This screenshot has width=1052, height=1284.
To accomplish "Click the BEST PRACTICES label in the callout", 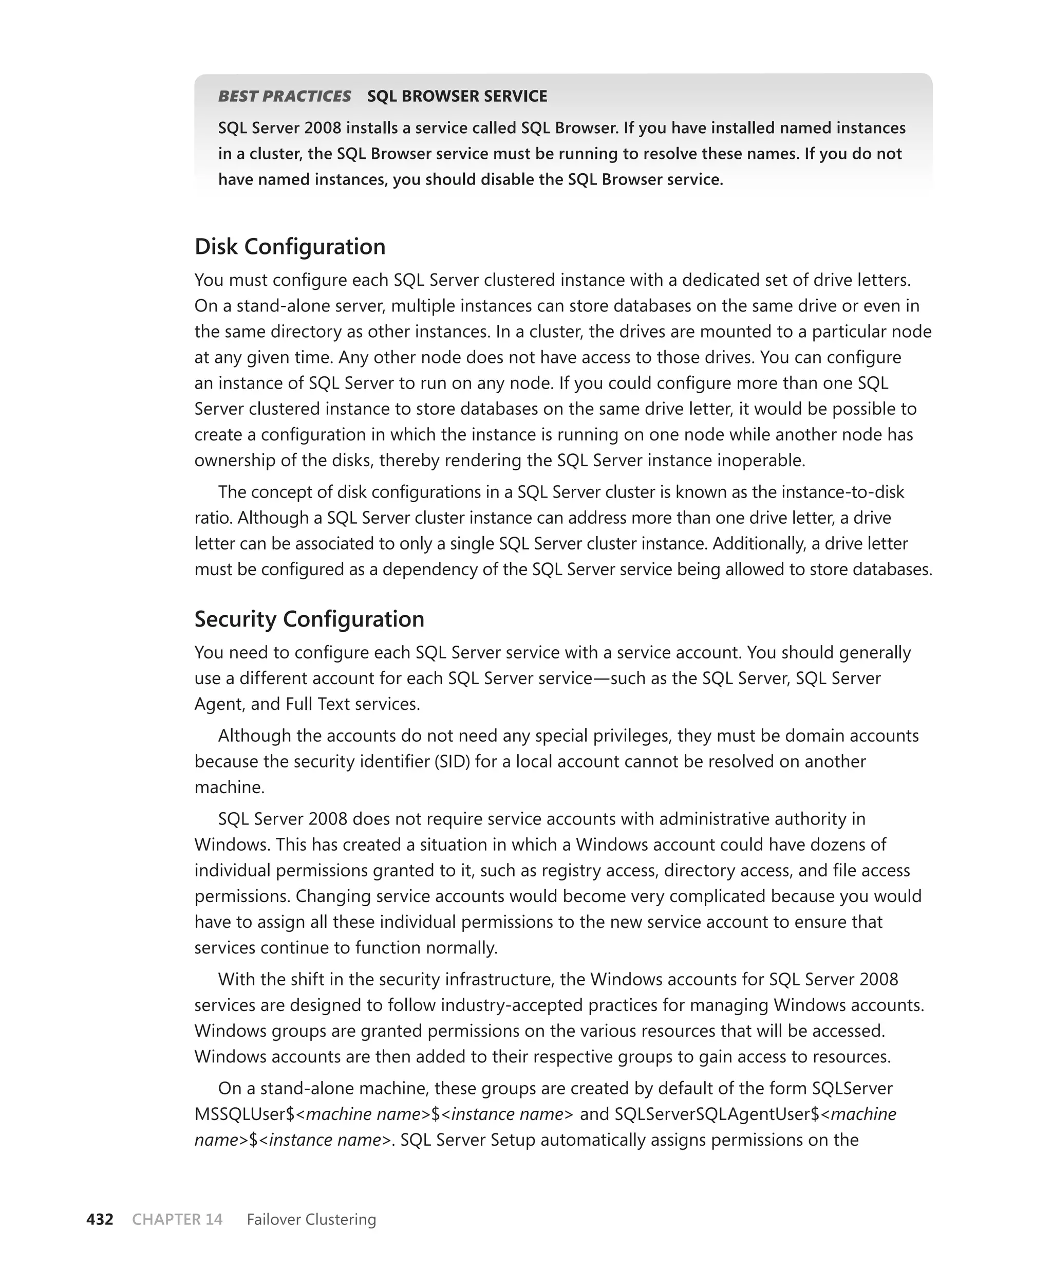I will click(x=284, y=97).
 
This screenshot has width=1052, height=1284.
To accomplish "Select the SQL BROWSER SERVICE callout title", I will click(x=457, y=97).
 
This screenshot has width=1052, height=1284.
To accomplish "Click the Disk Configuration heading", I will click(x=290, y=247).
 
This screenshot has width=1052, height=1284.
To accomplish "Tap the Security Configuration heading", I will click(x=309, y=619).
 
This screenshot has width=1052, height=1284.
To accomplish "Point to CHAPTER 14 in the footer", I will click(x=177, y=1219).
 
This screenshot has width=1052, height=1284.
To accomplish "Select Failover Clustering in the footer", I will click(x=311, y=1219).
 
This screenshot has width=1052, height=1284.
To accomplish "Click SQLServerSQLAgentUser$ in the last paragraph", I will click(x=718, y=1114).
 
